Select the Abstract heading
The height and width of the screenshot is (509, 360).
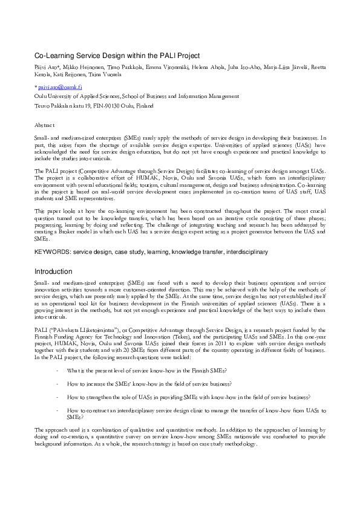(x=44, y=124)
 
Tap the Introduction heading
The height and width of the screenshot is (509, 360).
(x=53, y=271)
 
